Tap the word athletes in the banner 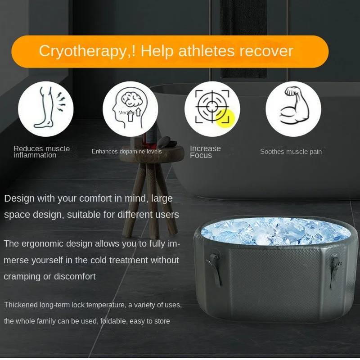tap(207, 50)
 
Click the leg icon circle tap(46, 109)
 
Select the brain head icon tap(130, 109)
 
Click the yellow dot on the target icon tap(225, 118)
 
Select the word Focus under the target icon tap(201, 155)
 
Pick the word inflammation tap(35, 155)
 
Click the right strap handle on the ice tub tap(334, 270)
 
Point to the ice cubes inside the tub tap(275, 231)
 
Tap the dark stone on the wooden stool tap(164, 142)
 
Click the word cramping tap(22, 277)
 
